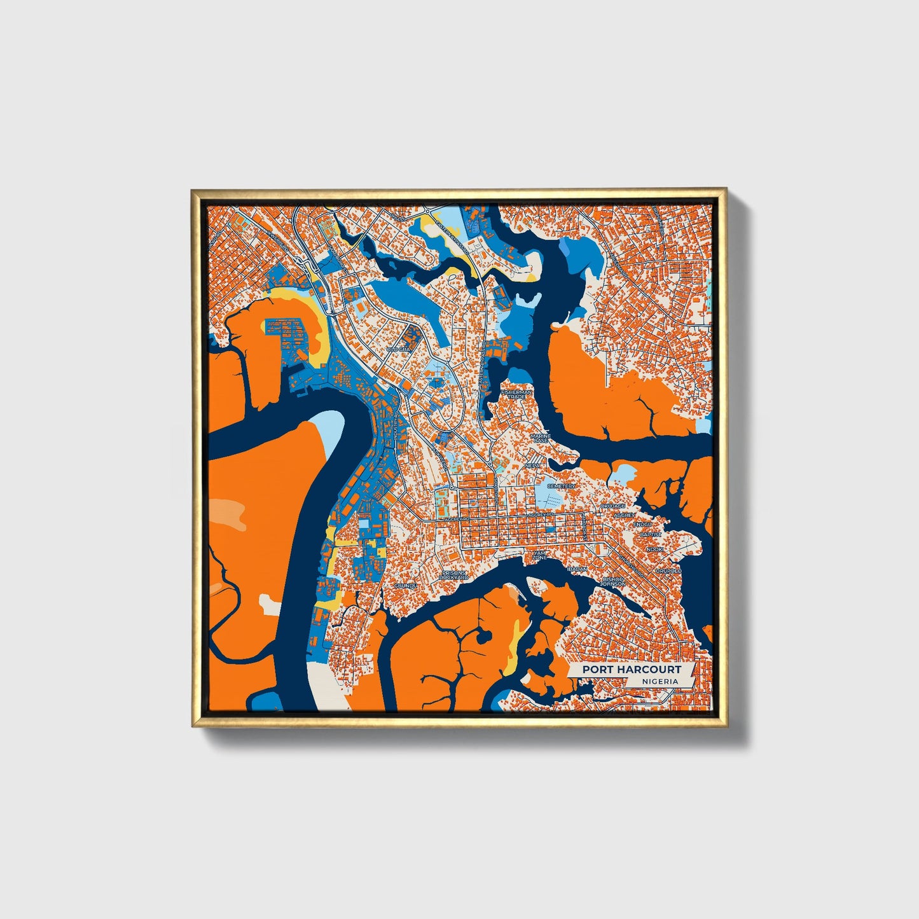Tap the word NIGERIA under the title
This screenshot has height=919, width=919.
click(x=660, y=681)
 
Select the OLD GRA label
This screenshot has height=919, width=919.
click(x=401, y=350)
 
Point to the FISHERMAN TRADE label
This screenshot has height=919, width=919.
click(x=516, y=395)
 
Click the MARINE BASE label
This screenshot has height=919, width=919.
click(x=541, y=438)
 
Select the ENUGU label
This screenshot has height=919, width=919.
click(x=642, y=524)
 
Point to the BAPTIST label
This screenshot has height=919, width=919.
click(x=651, y=535)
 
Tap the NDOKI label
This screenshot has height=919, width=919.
click(x=654, y=549)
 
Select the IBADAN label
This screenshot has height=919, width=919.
click(x=577, y=569)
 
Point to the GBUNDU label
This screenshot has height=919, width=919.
click(x=405, y=585)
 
